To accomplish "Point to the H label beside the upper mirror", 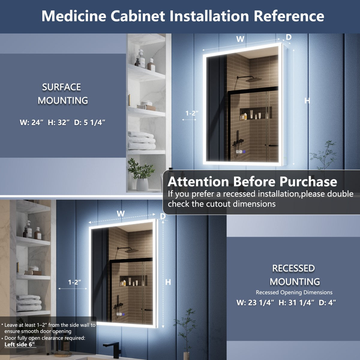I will pos(307,101).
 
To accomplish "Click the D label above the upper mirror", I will pos(289,37).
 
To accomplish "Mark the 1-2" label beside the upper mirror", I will pos(192,113).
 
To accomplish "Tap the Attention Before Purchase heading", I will pos(252,182).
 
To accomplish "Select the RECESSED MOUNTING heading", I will pos(294,275).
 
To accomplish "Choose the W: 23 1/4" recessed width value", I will pos(255,303).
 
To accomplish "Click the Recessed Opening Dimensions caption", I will pos(294,292).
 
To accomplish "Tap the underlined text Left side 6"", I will pos(20,344).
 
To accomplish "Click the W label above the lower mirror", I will pos(121,214).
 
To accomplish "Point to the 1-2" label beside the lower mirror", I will pos(74,282).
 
